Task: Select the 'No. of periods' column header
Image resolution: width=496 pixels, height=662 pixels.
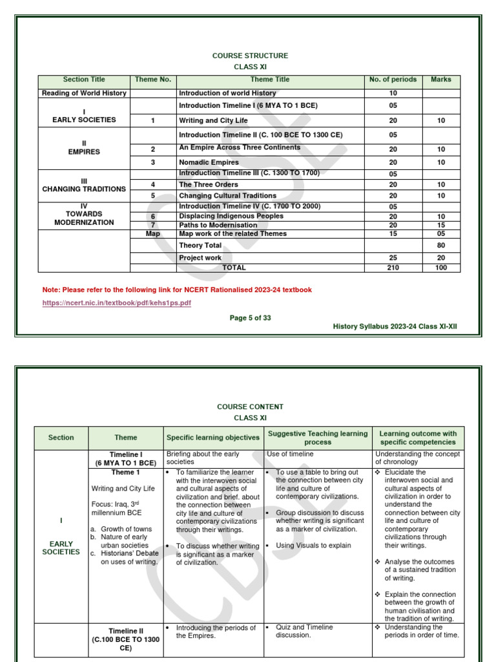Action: (x=393, y=80)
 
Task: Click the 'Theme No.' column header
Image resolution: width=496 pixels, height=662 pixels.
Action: (x=153, y=80)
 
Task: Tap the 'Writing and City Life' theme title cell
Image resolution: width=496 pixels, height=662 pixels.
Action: (x=213, y=120)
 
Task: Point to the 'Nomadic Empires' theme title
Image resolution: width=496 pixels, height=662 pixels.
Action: (x=209, y=162)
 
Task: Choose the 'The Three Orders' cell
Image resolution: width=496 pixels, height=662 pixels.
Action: (x=208, y=184)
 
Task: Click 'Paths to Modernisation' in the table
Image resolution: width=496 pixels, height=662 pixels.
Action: (x=218, y=225)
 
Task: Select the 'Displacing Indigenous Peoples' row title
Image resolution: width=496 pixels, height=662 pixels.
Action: (x=231, y=217)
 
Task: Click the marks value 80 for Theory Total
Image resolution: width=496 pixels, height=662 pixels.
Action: (x=441, y=246)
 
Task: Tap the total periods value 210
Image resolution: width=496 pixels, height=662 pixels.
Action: (x=393, y=267)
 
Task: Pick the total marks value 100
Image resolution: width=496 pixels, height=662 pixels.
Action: (x=441, y=267)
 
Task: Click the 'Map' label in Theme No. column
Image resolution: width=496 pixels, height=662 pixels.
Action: (x=153, y=233)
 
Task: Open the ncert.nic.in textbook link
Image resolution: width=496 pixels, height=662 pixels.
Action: (x=117, y=303)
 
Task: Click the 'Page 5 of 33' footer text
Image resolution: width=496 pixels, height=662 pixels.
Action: (x=251, y=317)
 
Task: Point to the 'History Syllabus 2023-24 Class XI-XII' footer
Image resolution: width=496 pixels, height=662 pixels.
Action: (x=395, y=326)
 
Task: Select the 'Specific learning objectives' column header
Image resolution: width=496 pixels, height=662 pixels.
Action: (x=213, y=438)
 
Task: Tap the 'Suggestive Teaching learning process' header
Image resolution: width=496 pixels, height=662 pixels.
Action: (x=318, y=438)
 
